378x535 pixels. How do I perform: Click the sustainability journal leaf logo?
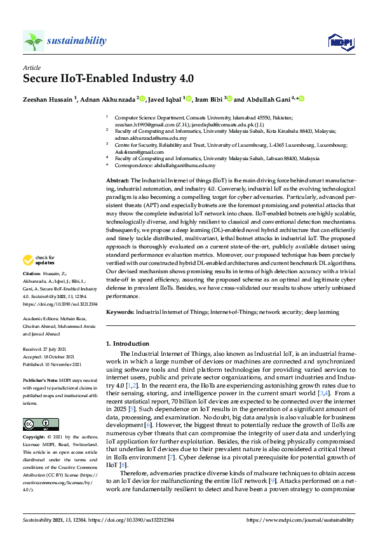(x=34, y=41)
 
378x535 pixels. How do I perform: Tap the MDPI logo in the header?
(x=341, y=42)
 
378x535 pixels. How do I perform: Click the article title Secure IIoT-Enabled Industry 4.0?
(x=109, y=79)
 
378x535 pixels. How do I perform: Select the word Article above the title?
(x=32, y=67)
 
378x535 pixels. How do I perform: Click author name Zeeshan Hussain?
(x=48, y=98)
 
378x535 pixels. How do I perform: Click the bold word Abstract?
(x=118, y=182)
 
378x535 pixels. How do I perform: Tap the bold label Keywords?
(x=120, y=312)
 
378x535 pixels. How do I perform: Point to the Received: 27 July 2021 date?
(x=48, y=349)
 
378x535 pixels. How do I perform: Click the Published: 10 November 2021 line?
(x=53, y=362)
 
